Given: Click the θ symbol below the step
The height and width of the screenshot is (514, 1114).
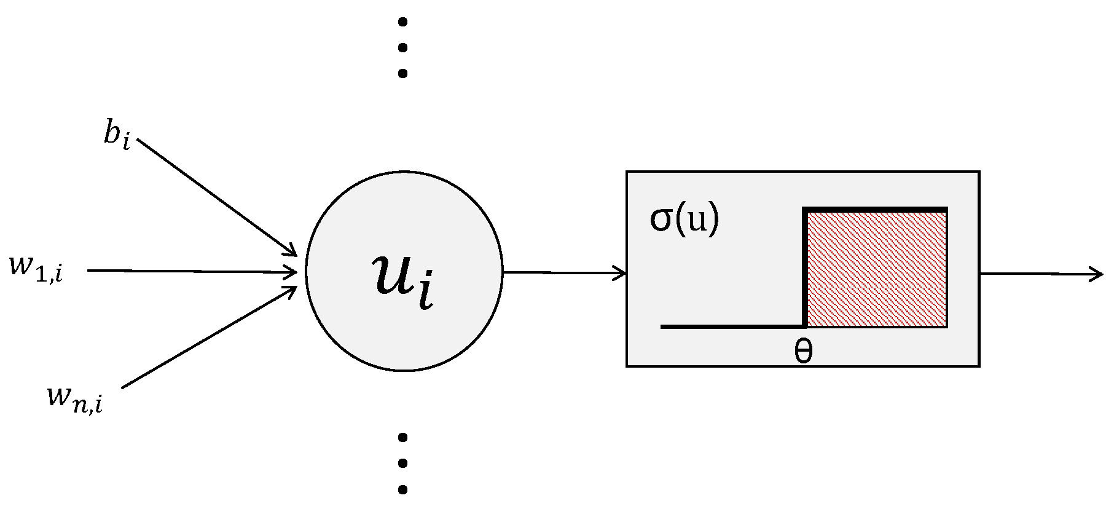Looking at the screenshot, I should point(803,352).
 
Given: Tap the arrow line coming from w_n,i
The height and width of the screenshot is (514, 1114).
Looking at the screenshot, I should point(209,338).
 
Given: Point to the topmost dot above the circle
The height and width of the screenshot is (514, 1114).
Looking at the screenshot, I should point(403,23).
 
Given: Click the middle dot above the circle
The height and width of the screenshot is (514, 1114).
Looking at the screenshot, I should point(403,48).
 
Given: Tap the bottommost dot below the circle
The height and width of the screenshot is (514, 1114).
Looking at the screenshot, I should point(403,490).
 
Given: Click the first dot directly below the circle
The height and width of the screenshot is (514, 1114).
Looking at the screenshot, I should point(403,438).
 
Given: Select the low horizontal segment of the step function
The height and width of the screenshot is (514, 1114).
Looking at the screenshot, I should point(731,326).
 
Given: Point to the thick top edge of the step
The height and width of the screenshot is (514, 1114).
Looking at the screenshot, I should point(876,210).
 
